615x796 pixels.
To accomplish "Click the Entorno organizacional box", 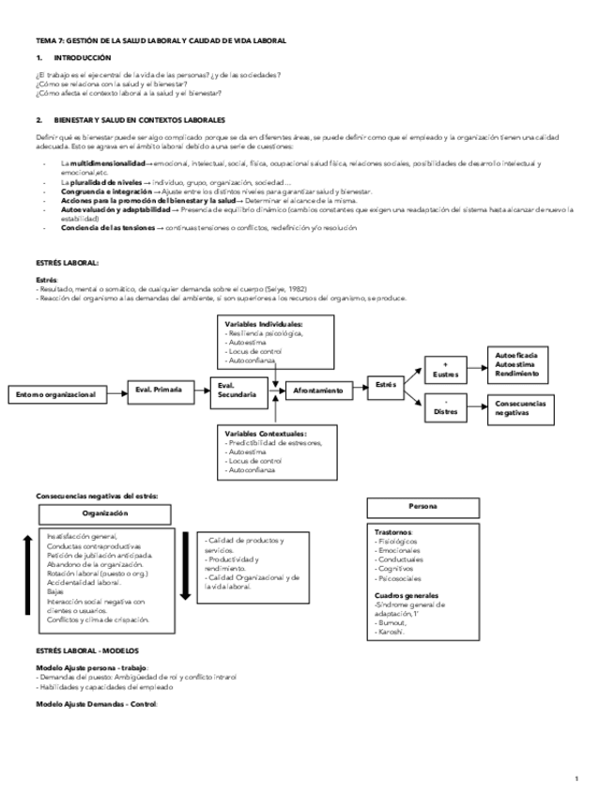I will pos(56,394).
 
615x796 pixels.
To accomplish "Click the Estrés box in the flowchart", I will pos(386,385).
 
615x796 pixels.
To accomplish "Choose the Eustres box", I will pos(445,369).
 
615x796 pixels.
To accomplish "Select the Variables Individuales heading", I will pos(264,325).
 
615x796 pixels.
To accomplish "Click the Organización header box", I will pos(105,513).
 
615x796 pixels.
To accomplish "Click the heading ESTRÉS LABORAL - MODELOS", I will pos(86,650).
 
